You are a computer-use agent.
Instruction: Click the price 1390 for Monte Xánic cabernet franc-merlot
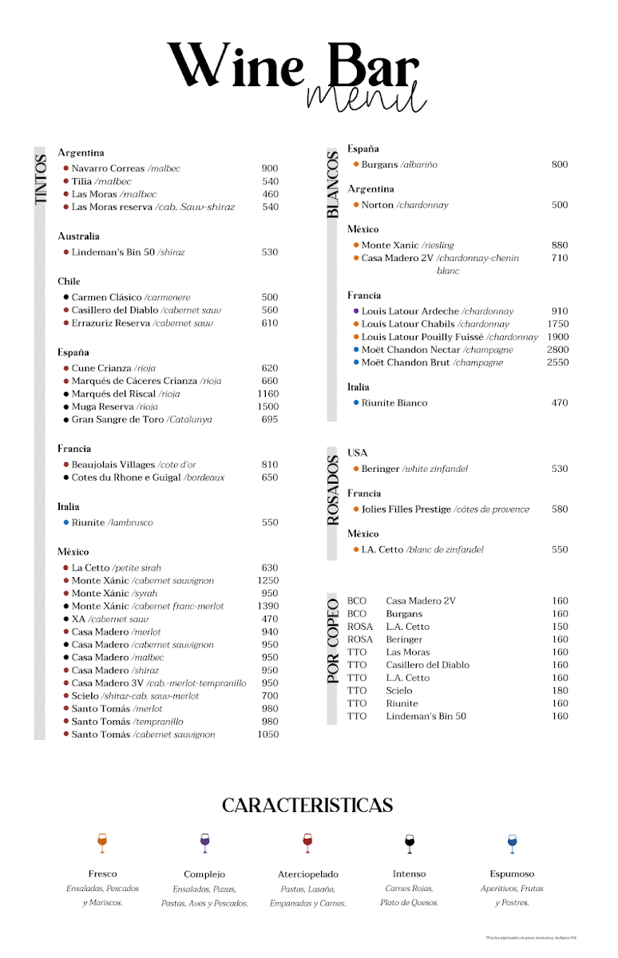click(x=268, y=607)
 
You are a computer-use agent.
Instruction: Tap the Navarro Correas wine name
click(x=108, y=168)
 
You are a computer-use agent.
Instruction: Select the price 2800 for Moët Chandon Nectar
click(x=558, y=350)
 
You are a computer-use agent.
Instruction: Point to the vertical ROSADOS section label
click(x=333, y=489)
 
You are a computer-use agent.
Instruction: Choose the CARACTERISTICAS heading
click(x=307, y=806)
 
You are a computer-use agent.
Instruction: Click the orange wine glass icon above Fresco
click(x=101, y=842)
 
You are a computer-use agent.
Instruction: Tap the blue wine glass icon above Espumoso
click(x=512, y=842)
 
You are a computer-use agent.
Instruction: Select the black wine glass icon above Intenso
click(x=410, y=842)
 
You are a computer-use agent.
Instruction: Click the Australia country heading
click(x=78, y=236)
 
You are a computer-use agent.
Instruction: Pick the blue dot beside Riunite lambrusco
click(x=65, y=522)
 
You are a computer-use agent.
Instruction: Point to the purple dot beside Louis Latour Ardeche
click(x=356, y=311)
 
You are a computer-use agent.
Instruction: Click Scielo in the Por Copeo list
click(x=399, y=691)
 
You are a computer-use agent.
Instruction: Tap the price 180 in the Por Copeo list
click(x=560, y=691)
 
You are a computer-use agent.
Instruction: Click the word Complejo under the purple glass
click(x=204, y=874)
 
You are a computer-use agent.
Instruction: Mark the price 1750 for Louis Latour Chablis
click(x=558, y=324)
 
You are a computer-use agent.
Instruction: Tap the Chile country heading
click(x=69, y=282)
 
